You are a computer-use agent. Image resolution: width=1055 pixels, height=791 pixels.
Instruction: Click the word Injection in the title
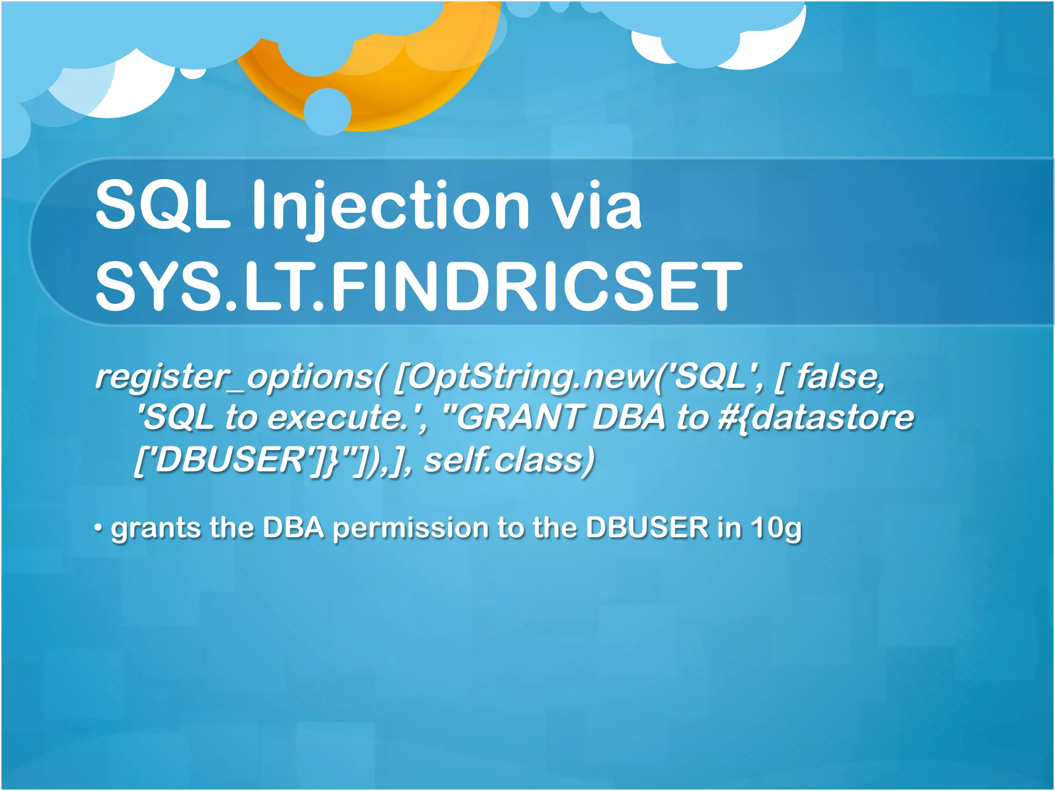(390, 206)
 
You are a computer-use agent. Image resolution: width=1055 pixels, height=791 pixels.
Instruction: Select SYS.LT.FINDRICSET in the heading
(418, 286)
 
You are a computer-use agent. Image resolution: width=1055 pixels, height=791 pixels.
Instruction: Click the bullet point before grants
(98, 528)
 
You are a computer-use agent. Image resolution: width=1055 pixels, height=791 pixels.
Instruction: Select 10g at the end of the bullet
(775, 528)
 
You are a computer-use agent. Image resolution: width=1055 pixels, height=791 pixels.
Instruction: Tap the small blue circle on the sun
(328, 111)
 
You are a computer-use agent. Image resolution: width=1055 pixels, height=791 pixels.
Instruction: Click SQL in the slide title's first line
(163, 206)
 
